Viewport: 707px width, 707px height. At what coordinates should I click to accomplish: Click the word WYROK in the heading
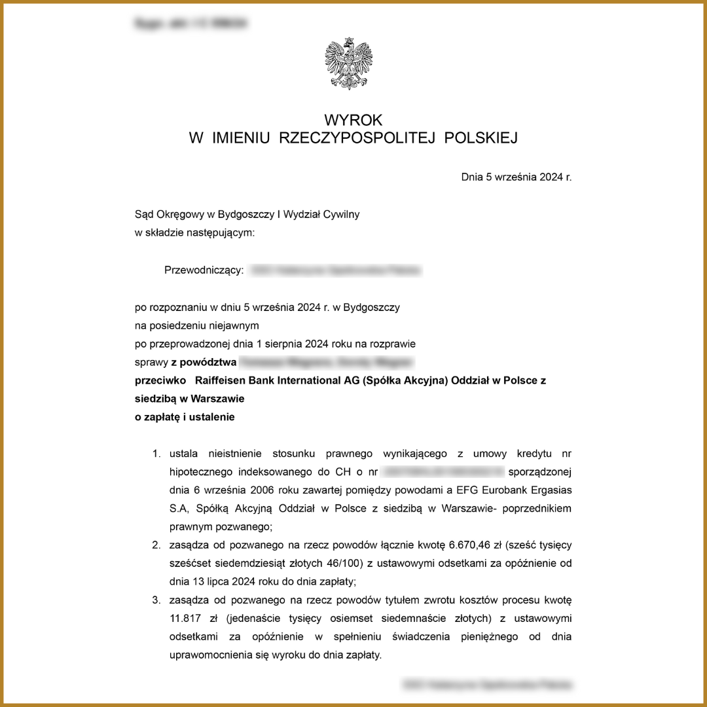353,120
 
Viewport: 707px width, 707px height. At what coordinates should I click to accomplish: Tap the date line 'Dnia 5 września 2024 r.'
517,177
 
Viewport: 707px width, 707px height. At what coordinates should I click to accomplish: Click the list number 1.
156,453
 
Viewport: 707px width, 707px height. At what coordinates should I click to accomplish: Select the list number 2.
156,545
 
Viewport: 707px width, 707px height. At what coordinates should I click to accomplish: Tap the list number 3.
156,600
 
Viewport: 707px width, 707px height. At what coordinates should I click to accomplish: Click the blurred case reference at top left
190,24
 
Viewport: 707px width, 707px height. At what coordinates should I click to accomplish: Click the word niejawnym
234,325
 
